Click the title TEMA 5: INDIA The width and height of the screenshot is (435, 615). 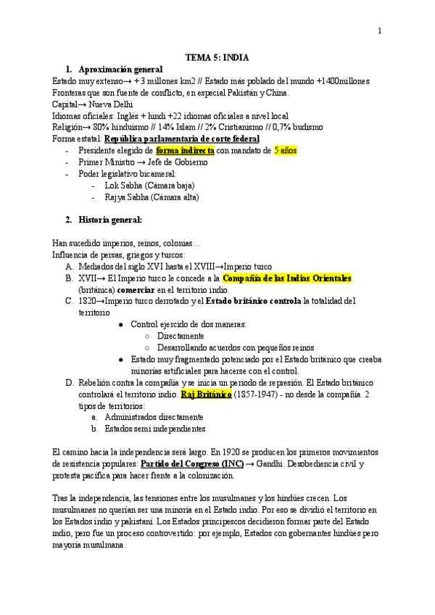(217, 57)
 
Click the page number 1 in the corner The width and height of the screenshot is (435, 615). (378, 30)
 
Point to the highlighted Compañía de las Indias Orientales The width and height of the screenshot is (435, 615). (286, 277)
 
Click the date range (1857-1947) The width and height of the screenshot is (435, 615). (261, 394)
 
